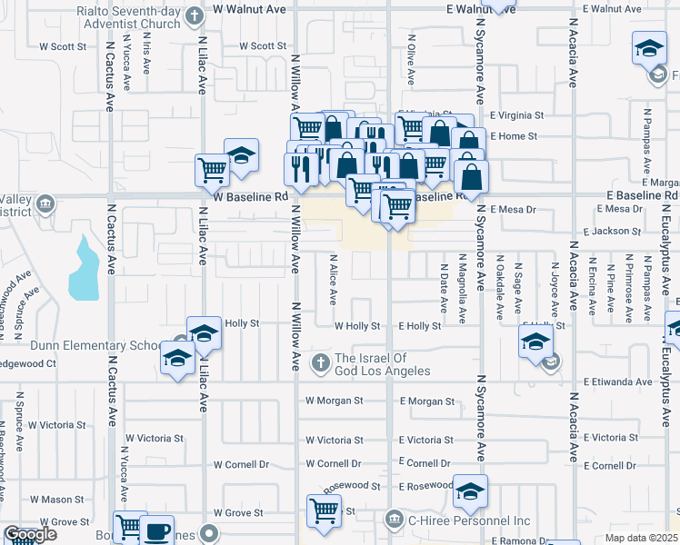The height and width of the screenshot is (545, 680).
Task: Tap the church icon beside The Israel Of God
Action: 320,363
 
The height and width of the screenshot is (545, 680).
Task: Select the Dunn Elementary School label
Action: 82,345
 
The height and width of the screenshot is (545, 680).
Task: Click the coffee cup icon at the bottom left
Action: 157,529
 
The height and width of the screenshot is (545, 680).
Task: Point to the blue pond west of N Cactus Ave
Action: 84,270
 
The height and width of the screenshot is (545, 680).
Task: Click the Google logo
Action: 30,535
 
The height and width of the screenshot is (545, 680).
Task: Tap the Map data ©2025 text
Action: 642,538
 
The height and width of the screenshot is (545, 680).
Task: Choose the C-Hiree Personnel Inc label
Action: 469,520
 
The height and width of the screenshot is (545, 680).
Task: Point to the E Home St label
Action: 514,136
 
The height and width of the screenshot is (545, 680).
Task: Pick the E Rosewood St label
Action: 426,486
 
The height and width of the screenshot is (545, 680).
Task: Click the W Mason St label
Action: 56,499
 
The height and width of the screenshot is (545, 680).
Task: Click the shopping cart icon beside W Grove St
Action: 324,510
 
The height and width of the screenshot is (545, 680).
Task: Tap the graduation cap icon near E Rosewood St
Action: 470,490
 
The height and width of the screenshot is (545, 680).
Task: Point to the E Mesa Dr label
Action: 514,209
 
